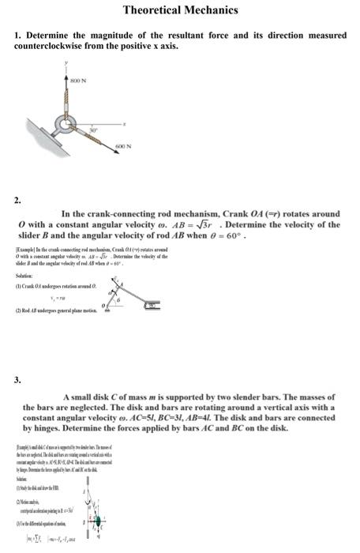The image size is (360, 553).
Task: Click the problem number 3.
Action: click(x=17, y=380)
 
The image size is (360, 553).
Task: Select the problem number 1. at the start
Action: click(x=18, y=36)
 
